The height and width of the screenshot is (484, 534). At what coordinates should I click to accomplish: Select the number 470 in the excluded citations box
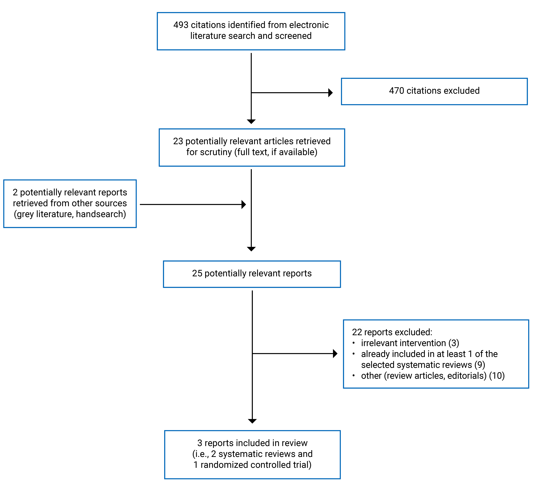point(396,91)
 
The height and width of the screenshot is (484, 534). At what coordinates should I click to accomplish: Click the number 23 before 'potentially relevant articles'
point(178,141)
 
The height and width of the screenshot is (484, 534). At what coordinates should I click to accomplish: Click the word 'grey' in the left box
point(25,214)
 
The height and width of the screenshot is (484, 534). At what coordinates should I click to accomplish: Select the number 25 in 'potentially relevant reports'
point(197,273)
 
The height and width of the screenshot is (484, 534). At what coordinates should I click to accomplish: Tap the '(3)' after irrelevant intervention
point(453,343)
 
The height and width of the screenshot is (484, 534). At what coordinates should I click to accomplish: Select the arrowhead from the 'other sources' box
point(244,205)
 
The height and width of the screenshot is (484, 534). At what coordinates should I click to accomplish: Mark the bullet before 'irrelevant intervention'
point(353,343)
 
